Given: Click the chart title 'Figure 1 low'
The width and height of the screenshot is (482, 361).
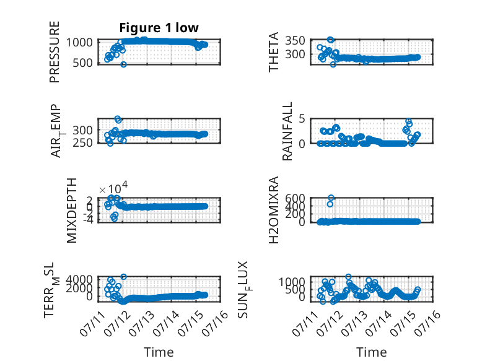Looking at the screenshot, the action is pyautogui.click(x=159, y=28).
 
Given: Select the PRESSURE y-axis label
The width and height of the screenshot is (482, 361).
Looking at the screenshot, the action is pyautogui.click(x=54, y=52).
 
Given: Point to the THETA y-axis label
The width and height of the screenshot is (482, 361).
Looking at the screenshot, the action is pyautogui.click(x=273, y=52).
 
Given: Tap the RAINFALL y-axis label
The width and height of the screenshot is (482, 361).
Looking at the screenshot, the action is pyautogui.click(x=287, y=131).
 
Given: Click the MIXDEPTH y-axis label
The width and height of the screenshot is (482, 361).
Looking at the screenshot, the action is pyautogui.click(x=71, y=211).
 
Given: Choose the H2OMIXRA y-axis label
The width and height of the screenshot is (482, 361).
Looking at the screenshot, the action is pyautogui.click(x=273, y=210).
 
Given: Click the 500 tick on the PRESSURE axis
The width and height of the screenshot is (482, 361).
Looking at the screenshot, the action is pyautogui.click(x=82, y=63).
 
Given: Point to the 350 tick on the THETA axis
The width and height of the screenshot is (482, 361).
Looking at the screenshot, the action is pyautogui.click(x=295, y=40).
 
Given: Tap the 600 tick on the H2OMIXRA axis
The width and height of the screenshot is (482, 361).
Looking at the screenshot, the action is pyautogui.click(x=295, y=198).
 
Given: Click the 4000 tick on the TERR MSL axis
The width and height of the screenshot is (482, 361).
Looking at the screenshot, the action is pyautogui.click(x=79, y=279).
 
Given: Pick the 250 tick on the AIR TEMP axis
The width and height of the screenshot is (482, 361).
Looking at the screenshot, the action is pyautogui.click(x=82, y=142).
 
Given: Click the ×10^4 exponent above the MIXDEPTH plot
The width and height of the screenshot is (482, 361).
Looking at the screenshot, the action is pyautogui.click(x=113, y=188).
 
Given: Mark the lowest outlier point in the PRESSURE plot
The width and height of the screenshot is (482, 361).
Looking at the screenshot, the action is pyautogui.click(x=123, y=64).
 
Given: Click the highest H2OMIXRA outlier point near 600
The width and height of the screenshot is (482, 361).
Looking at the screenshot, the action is pyautogui.click(x=331, y=198).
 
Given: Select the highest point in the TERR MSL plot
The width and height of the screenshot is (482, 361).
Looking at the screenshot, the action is pyautogui.click(x=123, y=277).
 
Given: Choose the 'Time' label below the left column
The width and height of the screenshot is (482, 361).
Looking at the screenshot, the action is pyautogui.click(x=159, y=352).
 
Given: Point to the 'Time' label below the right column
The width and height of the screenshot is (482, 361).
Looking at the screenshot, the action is pyautogui.click(x=371, y=352).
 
